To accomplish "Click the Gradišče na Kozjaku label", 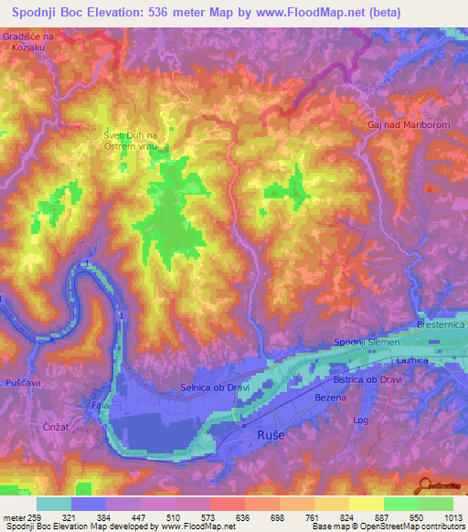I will pos(28,40).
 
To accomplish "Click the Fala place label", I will pos(101,404).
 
